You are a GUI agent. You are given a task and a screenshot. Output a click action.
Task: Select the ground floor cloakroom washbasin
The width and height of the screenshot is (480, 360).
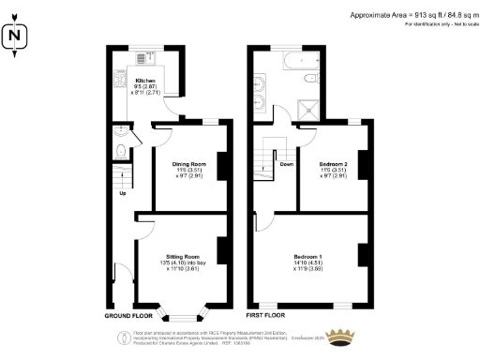116,131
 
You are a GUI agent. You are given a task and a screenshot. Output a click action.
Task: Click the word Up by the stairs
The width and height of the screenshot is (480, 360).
122,194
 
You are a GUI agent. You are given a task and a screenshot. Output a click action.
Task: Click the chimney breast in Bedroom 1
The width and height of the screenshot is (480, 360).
363,256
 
